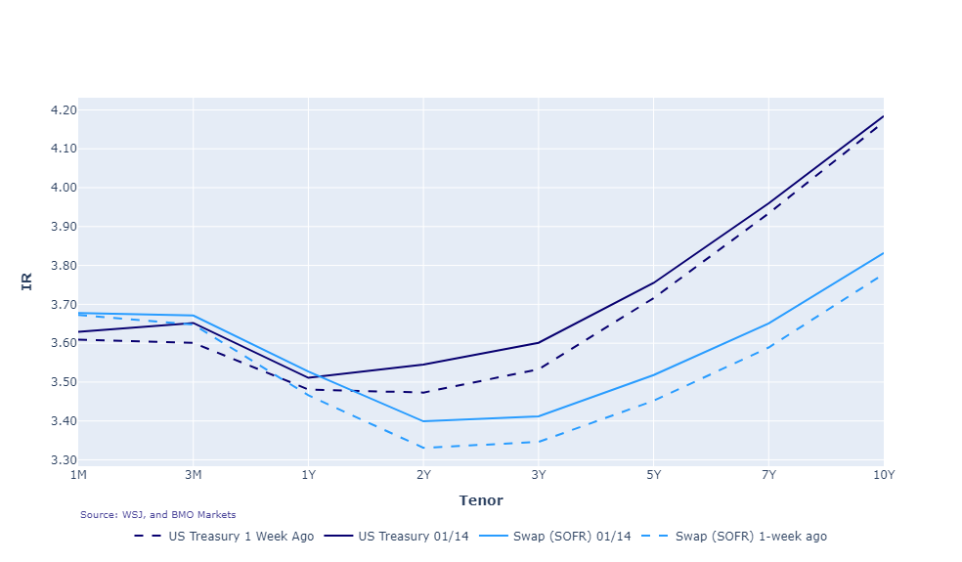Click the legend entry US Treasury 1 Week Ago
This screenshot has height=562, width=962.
(x=240, y=537)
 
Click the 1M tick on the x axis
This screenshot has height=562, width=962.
(x=78, y=475)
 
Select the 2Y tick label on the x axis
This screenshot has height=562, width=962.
(x=423, y=475)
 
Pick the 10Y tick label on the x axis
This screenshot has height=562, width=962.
(x=883, y=475)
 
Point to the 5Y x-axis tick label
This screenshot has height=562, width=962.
(x=653, y=475)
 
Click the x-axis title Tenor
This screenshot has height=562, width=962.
(x=480, y=500)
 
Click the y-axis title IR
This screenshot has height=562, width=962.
(x=27, y=281)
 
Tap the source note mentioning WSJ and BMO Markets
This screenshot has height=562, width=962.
(x=157, y=515)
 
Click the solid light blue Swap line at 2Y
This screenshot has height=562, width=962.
(x=423, y=421)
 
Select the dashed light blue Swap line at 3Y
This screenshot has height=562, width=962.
(x=538, y=442)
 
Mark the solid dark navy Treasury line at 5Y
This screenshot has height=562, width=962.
(x=653, y=282)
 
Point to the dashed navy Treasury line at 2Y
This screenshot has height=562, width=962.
(x=423, y=393)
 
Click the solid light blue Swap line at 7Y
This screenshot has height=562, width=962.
(x=768, y=323)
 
